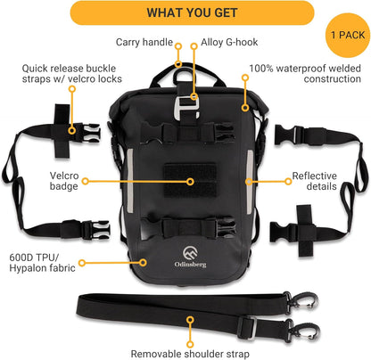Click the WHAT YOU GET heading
(185, 12)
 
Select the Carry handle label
(144, 42)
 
